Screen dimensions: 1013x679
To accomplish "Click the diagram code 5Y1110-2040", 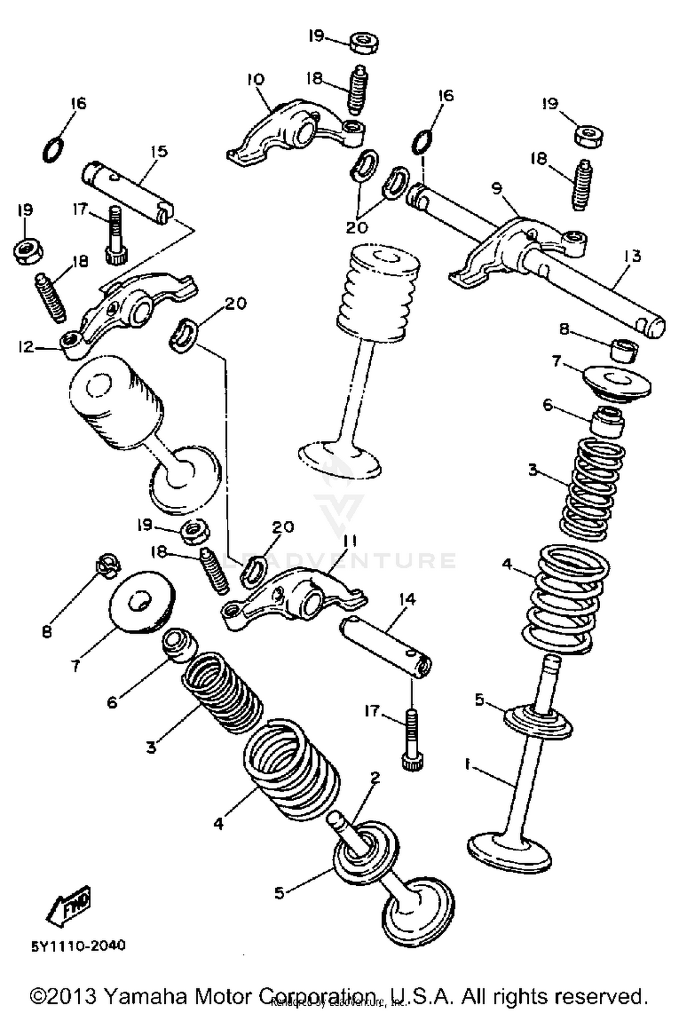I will coord(78,946).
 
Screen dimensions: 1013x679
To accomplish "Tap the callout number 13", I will coord(632,256).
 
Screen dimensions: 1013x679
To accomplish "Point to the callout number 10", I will coord(255,80).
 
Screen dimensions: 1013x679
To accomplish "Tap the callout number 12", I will coord(26,347).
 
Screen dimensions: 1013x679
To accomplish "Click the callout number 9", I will coord(497,188).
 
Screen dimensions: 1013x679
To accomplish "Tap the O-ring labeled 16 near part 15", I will coord(53,149).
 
